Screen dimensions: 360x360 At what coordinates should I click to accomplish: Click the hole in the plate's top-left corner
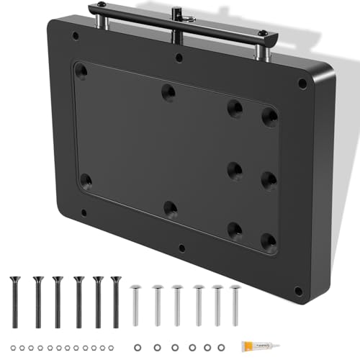(x=75, y=34)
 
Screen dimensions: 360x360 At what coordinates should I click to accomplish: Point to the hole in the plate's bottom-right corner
(x=298, y=291)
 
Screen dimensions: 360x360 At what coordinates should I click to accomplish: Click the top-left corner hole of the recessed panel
(x=81, y=71)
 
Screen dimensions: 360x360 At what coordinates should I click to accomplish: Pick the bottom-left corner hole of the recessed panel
(x=86, y=179)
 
